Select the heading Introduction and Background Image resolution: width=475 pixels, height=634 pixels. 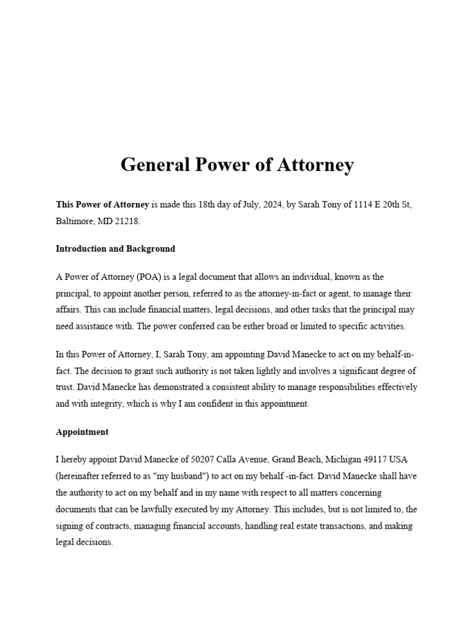[x=115, y=249]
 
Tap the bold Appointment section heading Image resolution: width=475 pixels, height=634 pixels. [x=82, y=432]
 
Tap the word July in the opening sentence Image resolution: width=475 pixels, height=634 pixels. [x=244, y=204]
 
